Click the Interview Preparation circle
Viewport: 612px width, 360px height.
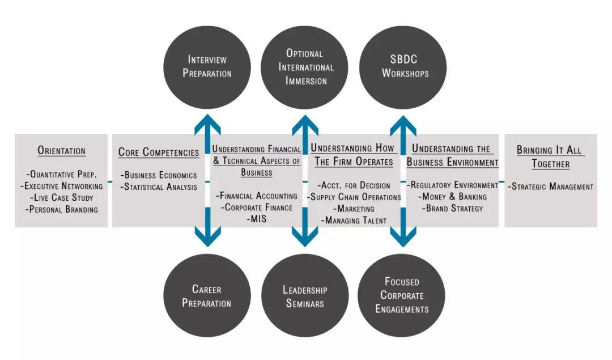pos(207,67)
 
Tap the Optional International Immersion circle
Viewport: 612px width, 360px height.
pos(306,67)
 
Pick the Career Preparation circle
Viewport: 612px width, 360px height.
pos(207,295)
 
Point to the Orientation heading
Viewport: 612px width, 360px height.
pos(62,151)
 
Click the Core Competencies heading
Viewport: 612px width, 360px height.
pos(159,152)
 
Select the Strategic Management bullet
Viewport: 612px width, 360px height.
pos(551,187)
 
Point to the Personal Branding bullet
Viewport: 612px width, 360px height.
pos(62,209)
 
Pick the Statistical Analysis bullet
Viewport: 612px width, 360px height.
pos(159,187)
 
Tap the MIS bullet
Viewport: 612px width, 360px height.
pos(257,219)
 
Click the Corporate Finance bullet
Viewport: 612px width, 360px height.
pos(257,207)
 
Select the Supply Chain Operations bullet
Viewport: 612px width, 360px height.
pos(355,197)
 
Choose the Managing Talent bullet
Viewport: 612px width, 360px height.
pos(355,221)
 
